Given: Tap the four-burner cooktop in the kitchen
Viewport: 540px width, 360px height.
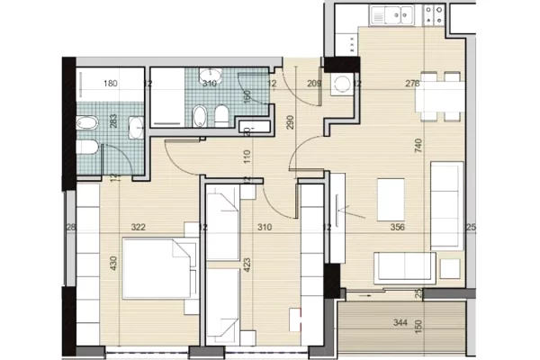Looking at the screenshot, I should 433,14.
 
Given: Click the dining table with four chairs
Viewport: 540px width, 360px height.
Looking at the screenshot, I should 439,93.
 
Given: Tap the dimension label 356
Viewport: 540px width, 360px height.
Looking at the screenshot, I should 397,228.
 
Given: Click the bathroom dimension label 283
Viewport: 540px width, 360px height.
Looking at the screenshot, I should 113,123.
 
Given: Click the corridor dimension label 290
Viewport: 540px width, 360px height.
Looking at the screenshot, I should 290,122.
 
